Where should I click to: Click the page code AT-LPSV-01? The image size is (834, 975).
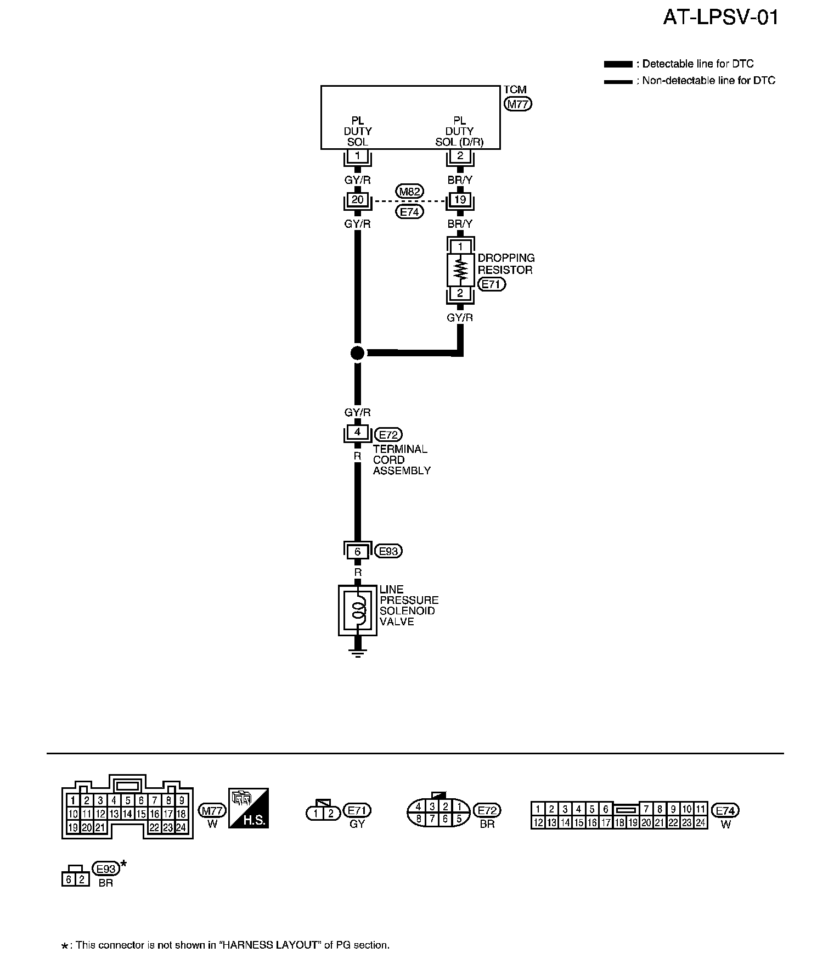click(x=720, y=18)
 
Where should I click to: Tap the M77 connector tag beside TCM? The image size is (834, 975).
click(x=517, y=104)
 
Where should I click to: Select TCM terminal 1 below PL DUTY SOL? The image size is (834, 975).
click(x=357, y=156)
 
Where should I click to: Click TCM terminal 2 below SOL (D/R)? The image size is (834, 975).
click(x=460, y=156)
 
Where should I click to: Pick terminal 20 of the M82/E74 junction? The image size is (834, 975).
click(x=357, y=200)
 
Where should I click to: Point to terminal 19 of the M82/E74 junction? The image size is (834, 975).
click(x=460, y=200)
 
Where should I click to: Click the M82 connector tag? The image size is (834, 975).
click(x=409, y=192)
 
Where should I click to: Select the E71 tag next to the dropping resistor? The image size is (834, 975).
click(x=491, y=284)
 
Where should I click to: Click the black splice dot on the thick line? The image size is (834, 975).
click(x=357, y=353)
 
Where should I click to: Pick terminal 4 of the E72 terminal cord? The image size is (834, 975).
click(x=357, y=433)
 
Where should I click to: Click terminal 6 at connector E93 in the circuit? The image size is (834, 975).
click(x=357, y=551)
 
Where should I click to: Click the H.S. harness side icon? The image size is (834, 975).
click(x=248, y=808)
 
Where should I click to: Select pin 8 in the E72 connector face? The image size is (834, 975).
click(x=418, y=819)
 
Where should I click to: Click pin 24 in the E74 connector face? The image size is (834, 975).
click(x=700, y=822)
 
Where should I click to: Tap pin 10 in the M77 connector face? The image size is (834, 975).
click(x=73, y=814)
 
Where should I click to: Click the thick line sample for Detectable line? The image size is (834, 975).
click(x=617, y=64)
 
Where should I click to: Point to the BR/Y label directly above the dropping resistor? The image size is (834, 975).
click(x=460, y=224)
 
